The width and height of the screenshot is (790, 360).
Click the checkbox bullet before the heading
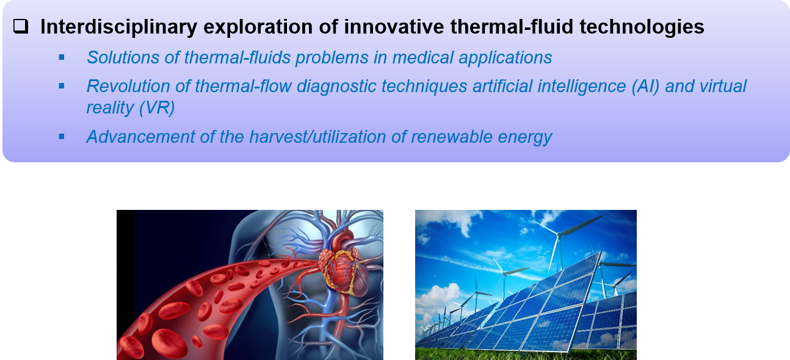pyautogui.click(x=21, y=26)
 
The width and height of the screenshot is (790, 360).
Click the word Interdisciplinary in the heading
pyautogui.click(x=119, y=27)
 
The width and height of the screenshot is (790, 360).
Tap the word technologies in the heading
pyautogui.click(x=642, y=27)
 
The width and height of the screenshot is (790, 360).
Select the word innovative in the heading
pyautogui.click(x=394, y=27)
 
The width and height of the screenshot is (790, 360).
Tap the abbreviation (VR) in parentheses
pyautogui.click(x=157, y=107)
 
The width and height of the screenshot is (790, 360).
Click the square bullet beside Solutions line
pyautogui.click(x=62, y=57)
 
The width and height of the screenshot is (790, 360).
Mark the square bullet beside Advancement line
pyautogui.click(x=62, y=137)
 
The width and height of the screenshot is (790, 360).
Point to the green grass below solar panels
pyautogui.click(x=526, y=355)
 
